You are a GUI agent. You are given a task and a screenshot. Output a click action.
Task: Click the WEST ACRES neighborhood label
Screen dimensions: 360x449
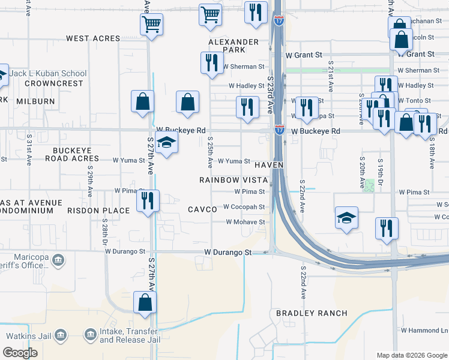click(x=93, y=38)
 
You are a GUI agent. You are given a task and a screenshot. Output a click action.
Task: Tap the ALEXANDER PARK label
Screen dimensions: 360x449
click(x=234, y=46)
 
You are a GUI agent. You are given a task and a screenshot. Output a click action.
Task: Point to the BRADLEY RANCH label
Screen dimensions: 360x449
click(x=312, y=313)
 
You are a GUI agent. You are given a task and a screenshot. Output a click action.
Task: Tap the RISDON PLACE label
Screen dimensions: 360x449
click(x=99, y=211)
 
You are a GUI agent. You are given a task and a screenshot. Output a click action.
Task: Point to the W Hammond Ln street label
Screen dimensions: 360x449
click(x=424, y=331)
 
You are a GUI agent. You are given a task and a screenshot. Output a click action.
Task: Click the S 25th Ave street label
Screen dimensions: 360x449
click(x=210, y=154)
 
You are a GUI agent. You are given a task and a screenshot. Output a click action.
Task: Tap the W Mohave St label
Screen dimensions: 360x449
click(x=246, y=222)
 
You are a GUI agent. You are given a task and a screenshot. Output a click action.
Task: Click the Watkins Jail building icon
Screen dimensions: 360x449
click(x=60, y=334)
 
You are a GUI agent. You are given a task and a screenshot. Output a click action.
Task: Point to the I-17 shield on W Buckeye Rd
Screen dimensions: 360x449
click(x=280, y=129)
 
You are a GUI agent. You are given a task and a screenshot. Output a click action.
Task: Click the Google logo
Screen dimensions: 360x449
click(x=20, y=353)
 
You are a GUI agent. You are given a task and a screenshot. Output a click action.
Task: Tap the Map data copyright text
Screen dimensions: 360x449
click(x=411, y=355)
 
